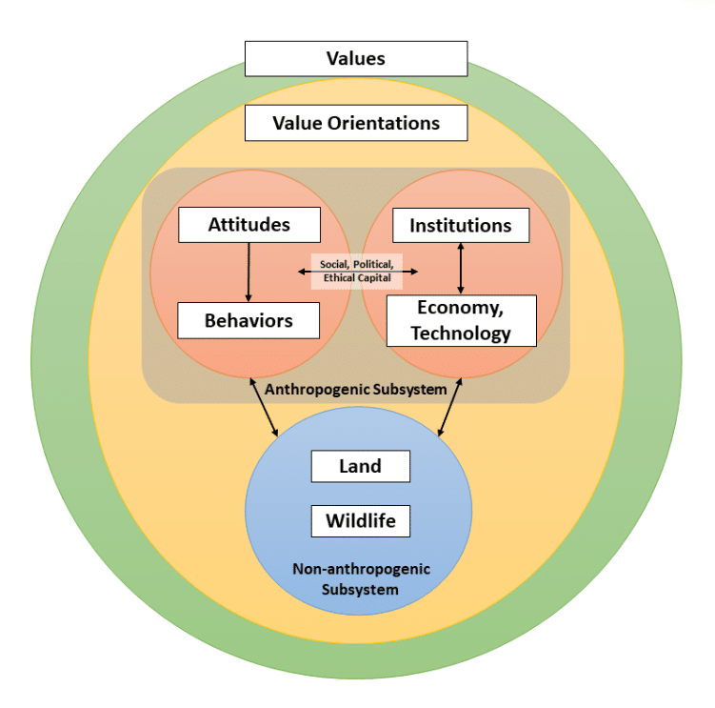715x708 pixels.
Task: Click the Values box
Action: pyautogui.click(x=356, y=58)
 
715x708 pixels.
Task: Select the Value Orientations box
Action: pyautogui.click(x=356, y=123)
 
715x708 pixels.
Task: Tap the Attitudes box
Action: pyautogui.click(x=248, y=225)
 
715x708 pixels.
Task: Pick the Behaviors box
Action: pyautogui.click(x=248, y=320)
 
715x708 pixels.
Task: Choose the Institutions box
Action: pyautogui.click(x=461, y=225)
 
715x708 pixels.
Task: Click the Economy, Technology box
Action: pyautogui.click(x=461, y=320)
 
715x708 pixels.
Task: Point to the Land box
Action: pyautogui.click(x=360, y=466)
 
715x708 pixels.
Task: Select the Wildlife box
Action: pyautogui.click(x=360, y=521)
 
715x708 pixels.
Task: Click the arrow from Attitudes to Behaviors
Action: pyautogui.click(x=248, y=273)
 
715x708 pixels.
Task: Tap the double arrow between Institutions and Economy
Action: pyautogui.click(x=461, y=268)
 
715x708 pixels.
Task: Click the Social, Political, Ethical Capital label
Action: pyautogui.click(x=357, y=271)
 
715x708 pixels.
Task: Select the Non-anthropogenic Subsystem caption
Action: pyautogui.click(x=360, y=579)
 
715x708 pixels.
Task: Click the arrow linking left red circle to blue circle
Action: pyautogui.click(x=264, y=408)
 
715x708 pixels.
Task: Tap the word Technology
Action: pyautogui.click(x=461, y=333)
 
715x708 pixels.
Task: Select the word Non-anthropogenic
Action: pyautogui.click(x=360, y=569)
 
